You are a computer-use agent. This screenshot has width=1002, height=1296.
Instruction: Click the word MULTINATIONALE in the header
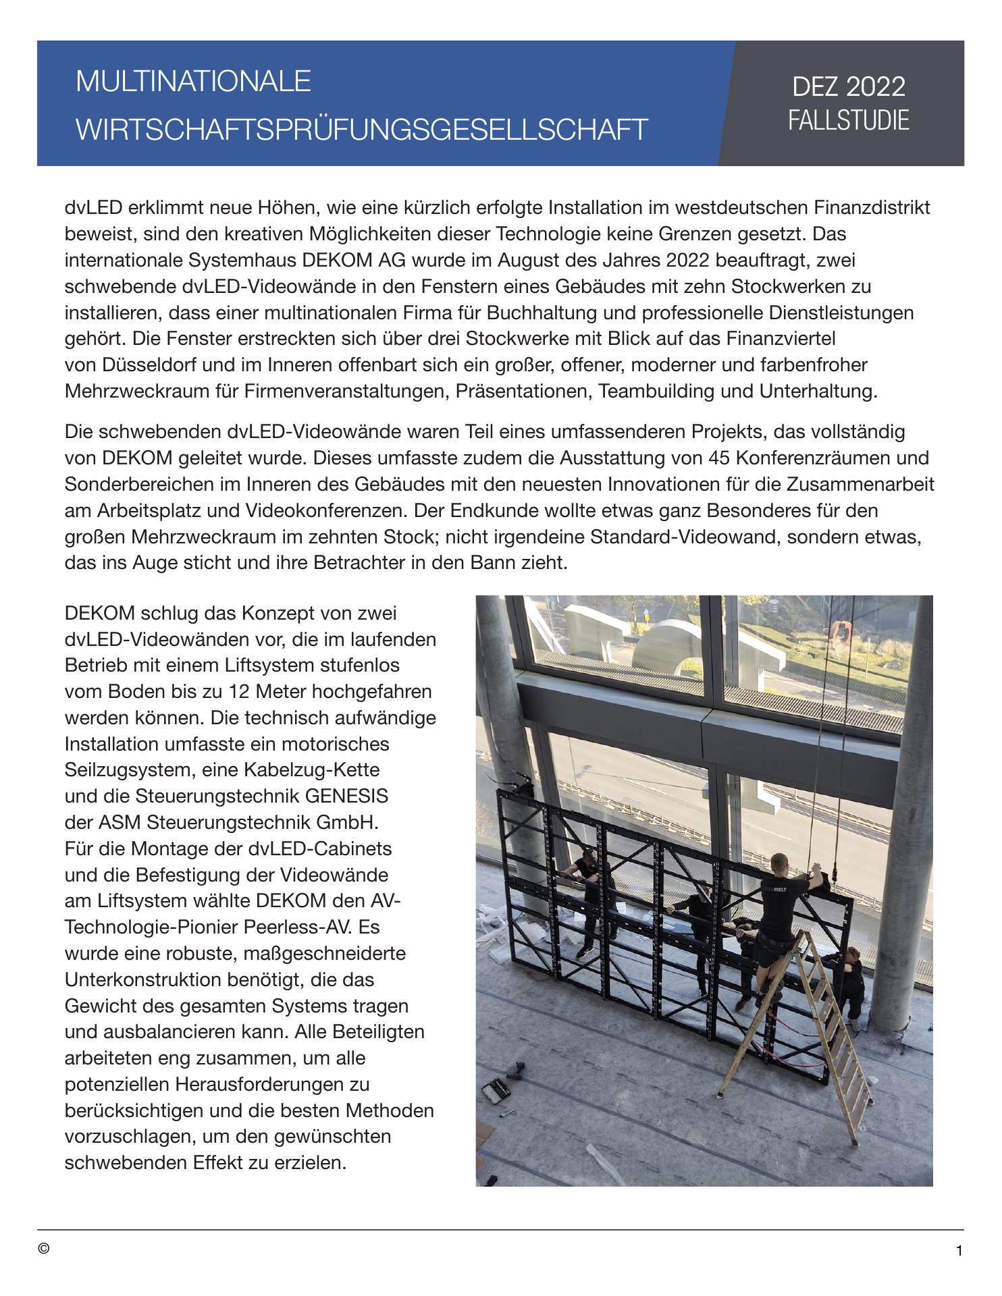coord(193,82)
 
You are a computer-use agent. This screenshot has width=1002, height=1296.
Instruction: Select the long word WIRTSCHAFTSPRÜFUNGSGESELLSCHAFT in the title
coord(362,129)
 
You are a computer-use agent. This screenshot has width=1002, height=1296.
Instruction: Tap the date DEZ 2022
coord(848,87)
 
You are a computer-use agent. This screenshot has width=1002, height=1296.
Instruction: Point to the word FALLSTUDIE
coord(848,120)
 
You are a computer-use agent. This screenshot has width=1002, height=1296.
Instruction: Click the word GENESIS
coord(346,796)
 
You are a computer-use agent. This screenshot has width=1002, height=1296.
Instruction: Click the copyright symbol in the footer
coord(44,1249)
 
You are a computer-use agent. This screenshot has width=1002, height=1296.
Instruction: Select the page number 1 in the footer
coord(959,1251)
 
